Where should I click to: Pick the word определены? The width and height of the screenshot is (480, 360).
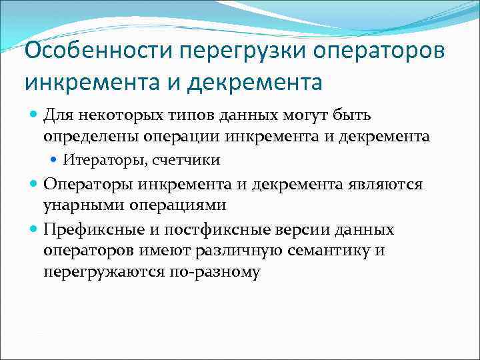point(83,137)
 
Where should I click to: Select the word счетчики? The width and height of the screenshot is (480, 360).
point(187,160)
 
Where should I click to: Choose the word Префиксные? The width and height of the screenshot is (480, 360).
point(86,230)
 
